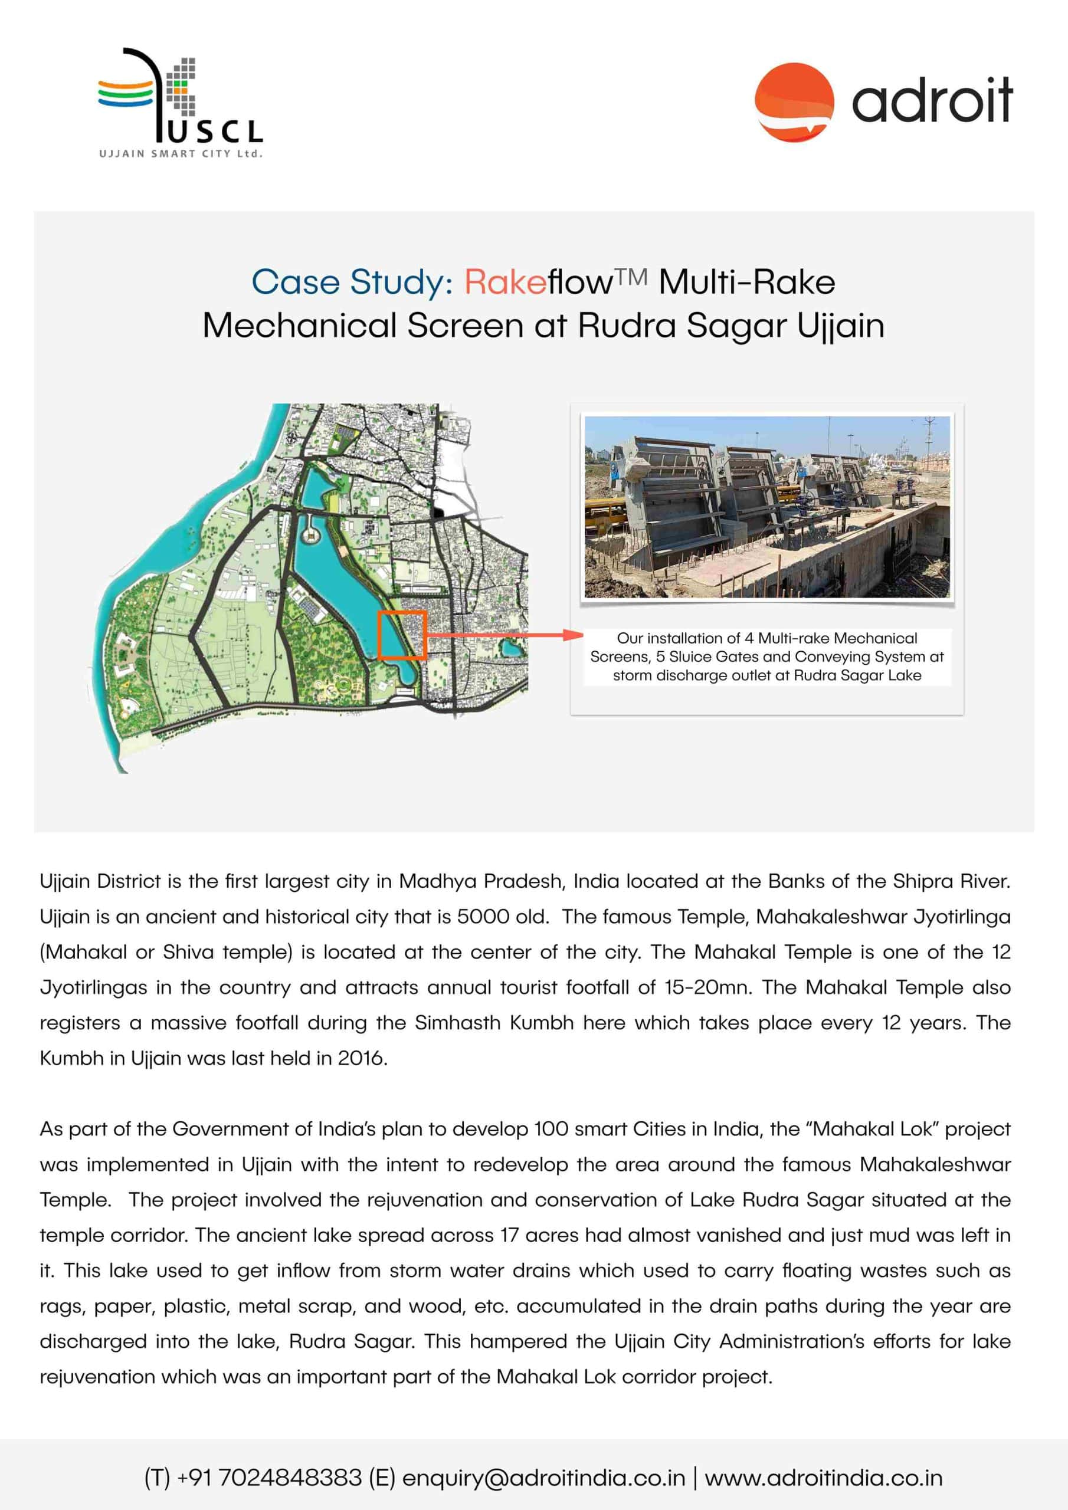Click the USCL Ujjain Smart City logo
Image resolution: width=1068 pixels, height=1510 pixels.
179,102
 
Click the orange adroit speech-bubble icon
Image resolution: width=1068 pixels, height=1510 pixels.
794,102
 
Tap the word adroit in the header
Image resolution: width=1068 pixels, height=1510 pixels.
932,101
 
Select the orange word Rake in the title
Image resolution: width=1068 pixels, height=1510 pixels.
504,282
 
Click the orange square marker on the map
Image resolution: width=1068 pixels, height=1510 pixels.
402,635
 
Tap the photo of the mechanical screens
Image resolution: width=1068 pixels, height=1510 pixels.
766,507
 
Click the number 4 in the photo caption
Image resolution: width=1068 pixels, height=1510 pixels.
748,638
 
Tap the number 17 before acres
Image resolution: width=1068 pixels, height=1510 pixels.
509,1235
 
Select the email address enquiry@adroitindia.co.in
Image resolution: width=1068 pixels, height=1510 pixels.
543,1478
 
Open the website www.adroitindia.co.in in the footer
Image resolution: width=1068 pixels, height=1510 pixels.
823,1478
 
